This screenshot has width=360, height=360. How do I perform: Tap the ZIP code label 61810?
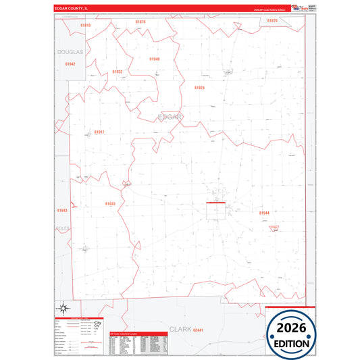click(85, 25)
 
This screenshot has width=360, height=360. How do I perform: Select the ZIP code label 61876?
click(140, 22)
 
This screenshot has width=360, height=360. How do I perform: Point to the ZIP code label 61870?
click(272, 21)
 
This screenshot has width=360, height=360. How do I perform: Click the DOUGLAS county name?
click(70, 51)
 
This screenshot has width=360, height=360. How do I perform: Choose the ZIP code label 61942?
click(70, 63)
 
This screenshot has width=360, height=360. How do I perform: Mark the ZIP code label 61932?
click(118, 71)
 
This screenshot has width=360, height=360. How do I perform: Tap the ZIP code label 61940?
click(155, 59)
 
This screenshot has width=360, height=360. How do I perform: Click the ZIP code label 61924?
click(199, 88)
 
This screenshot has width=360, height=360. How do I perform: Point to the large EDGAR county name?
click(170, 116)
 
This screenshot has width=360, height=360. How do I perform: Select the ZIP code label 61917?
click(99, 132)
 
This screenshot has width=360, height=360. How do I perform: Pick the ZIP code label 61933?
click(110, 203)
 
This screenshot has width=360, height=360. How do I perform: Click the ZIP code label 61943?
click(62, 210)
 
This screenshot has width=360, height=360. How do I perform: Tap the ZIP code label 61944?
click(264, 213)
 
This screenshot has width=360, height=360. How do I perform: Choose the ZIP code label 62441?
click(198, 330)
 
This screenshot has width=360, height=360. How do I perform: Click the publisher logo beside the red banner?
click(297, 7)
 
